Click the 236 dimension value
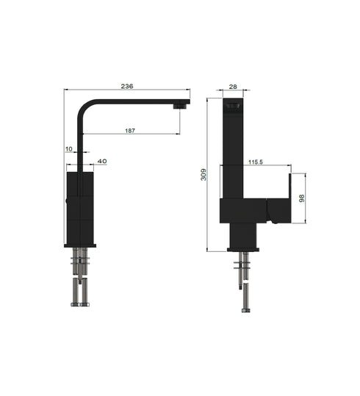[127, 86]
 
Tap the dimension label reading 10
[69, 149]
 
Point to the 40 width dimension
[101, 161]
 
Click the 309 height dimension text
[204, 174]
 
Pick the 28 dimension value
[232, 87]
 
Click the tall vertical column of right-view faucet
[232, 154]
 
